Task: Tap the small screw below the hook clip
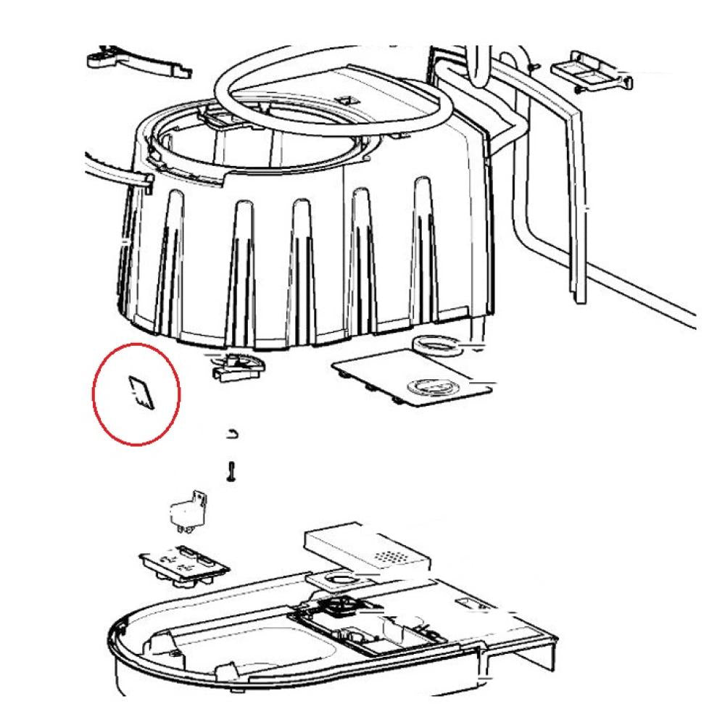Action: point(231,471)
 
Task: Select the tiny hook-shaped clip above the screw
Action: point(231,434)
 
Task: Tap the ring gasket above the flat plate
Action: point(436,345)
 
